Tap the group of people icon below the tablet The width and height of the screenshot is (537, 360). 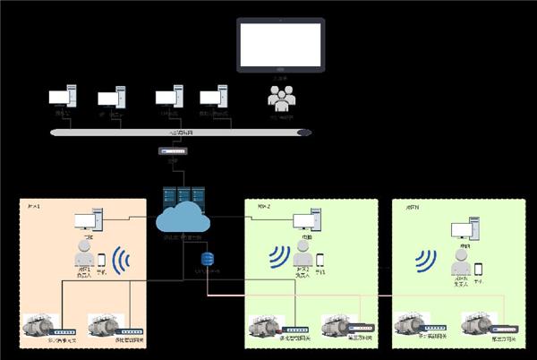[x=281, y=96]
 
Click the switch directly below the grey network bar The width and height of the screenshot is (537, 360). [x=174, y=152]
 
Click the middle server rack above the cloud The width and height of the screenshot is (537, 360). [x=183, y=196]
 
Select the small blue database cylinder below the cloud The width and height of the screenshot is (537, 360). [x=208, y=259]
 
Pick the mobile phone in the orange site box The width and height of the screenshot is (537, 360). [x=101, y=260]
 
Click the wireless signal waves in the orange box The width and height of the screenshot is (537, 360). [x=123, y=261]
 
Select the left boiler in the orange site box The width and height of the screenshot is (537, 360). [x=38, y=325]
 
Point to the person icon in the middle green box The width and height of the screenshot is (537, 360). [x=303, y=252]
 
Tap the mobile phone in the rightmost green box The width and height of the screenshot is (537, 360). [x=479, y=269]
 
